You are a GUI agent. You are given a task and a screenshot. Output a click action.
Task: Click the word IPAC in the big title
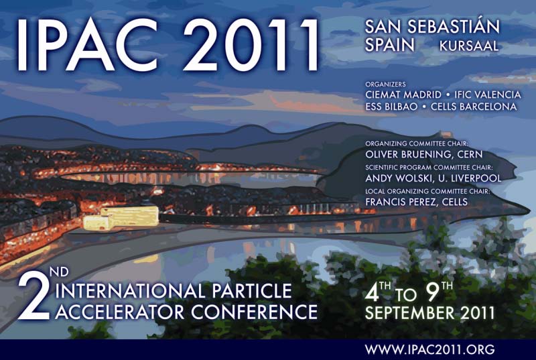(88, 45)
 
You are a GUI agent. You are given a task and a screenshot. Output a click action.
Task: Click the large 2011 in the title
(251, 45)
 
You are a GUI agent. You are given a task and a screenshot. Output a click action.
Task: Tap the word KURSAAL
(469, 46)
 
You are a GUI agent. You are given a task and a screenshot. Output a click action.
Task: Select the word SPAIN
(390, 45)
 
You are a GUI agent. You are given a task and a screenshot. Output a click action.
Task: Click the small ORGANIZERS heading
(386, 84)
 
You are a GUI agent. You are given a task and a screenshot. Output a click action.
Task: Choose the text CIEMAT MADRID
(403, 95)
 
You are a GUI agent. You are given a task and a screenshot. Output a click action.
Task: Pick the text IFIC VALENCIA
(488, 95)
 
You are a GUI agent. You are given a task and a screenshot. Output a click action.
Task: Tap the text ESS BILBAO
(391, 107)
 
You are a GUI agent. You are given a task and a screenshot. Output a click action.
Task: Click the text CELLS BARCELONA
(474, 107)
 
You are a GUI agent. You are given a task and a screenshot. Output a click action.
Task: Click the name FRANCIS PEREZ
(396, 202)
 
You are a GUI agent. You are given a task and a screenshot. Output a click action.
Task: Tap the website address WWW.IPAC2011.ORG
(429, 349)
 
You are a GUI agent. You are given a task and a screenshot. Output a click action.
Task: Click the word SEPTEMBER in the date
(410, 313)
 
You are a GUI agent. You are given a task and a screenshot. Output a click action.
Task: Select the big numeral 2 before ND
(34, 297)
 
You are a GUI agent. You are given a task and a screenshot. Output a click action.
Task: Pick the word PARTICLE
(252, 291)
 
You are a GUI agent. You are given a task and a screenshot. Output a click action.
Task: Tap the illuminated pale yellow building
(121, 217)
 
